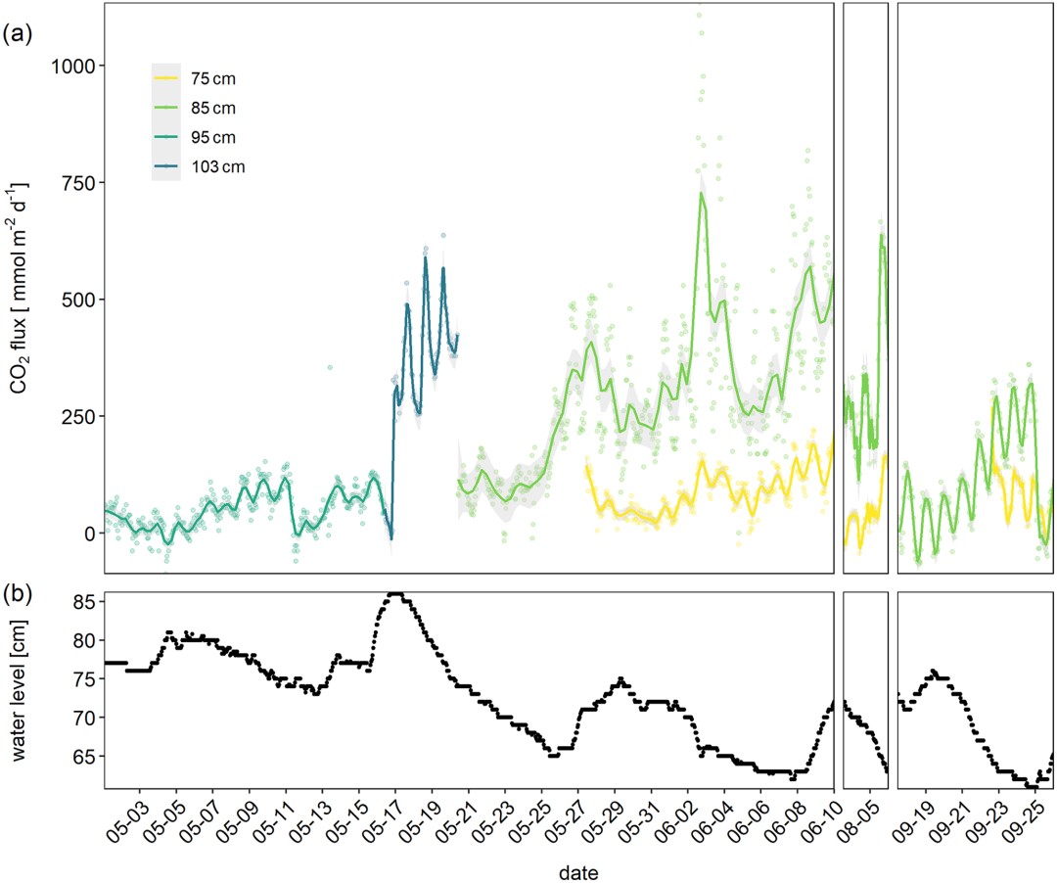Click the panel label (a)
[19, 35]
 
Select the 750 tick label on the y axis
[78, 183]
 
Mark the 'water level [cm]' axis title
[22, 689]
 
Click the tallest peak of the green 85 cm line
[702, 194]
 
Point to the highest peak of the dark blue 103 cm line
[425, 257]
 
